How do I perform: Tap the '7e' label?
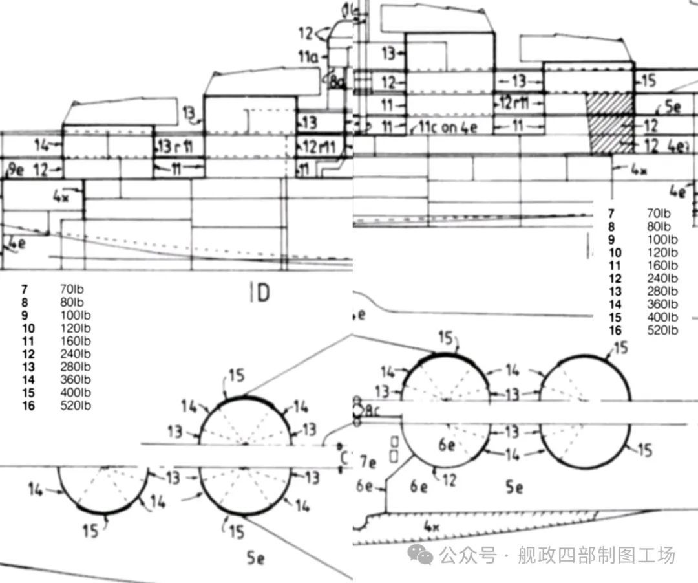click(368, 462)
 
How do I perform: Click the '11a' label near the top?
click(308, 57)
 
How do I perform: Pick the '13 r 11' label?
click(175, 146)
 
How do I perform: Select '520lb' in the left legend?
click(75, 406)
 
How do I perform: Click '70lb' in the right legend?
click(659, 214)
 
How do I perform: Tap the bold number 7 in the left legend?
click(24, 289)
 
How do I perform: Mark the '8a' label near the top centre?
click(338, 82)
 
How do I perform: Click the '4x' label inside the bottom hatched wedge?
click(432, 527)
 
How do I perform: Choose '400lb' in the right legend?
click(662, 318)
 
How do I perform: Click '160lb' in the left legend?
click(75, 341)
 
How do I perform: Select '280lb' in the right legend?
click(662, 292)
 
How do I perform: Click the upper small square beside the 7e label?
click(394, 442)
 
